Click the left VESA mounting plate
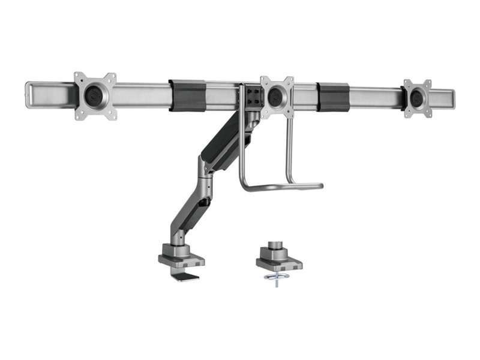coord(95,96)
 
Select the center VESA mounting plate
coord(277,97)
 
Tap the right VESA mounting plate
coord(417,98)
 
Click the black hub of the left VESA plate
coord(95,95)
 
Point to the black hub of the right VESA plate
coord(417,98)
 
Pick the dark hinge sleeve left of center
coord(187,95)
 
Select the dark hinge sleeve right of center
coord(334,95)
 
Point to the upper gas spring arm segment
coord(225,144)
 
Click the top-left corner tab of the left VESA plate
coord(78,76)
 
